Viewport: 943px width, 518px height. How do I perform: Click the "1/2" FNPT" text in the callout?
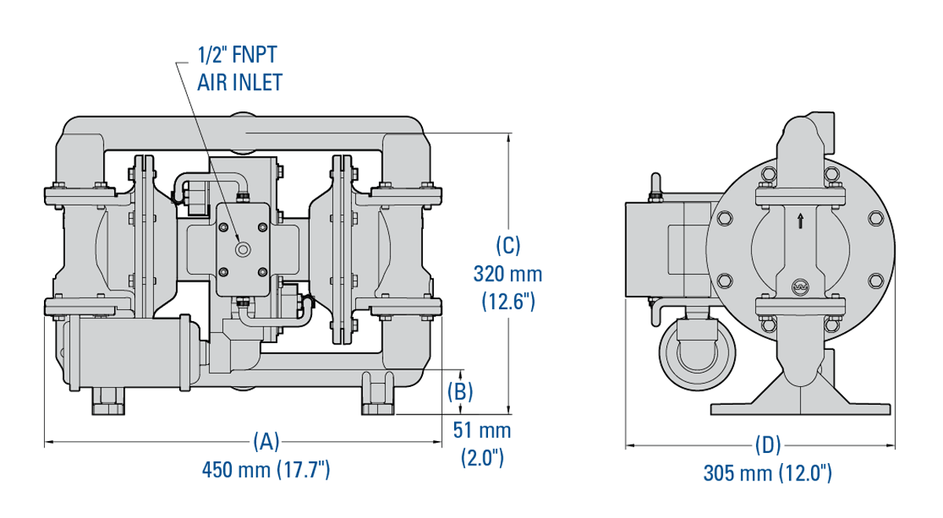pos(237,55)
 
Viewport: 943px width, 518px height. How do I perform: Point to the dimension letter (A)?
pos(266,442)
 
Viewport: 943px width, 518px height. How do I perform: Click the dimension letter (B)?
pos(460,390)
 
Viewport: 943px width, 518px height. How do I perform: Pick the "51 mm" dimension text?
pos(482,430)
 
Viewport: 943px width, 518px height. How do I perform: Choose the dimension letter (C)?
pos(508,245)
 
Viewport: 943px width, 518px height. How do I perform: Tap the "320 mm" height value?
pos(508,274)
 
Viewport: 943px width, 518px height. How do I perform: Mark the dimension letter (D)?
pos(767,445)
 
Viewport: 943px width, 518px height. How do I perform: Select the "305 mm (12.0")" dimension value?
pos(767,473)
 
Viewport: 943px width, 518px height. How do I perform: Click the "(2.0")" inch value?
pos(482,458)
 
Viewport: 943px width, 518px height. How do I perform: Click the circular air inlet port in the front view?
pos(244,250)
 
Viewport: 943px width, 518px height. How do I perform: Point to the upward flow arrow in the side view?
pos(800,221)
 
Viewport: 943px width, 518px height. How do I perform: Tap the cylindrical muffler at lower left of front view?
pos(126,353)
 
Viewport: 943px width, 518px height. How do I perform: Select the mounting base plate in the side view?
pos(802,408)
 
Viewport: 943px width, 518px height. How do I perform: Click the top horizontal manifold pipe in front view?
pos(244,133)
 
